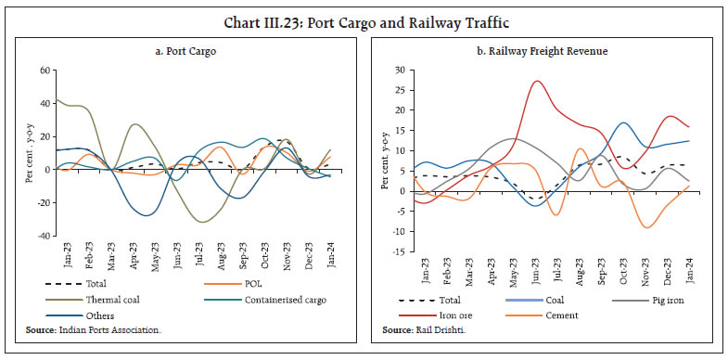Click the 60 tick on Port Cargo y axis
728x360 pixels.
pos(43,71)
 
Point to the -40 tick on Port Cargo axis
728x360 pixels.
pos(41,236)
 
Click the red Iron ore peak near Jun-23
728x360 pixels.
pos(537,82)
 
